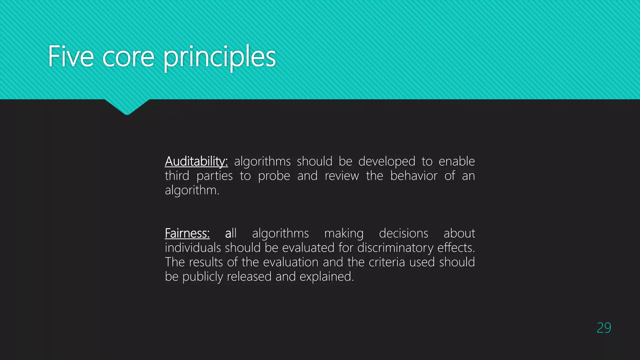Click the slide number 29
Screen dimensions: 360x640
click(604, 328)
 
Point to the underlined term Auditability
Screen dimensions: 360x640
click(196, 162)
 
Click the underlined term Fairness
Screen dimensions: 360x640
click(187, 233)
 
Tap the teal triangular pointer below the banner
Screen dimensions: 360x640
click(127, 106)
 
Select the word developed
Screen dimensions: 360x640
click(387, 162)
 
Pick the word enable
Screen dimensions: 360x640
click(457, 162)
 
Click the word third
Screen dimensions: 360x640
click(177, 176)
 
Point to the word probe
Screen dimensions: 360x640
click(274, 176)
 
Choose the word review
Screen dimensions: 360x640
click(342, 176)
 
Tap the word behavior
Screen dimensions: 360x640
click(414, 176)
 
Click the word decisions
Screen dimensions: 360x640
click(403, 233)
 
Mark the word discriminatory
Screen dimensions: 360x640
click(395, 248)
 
